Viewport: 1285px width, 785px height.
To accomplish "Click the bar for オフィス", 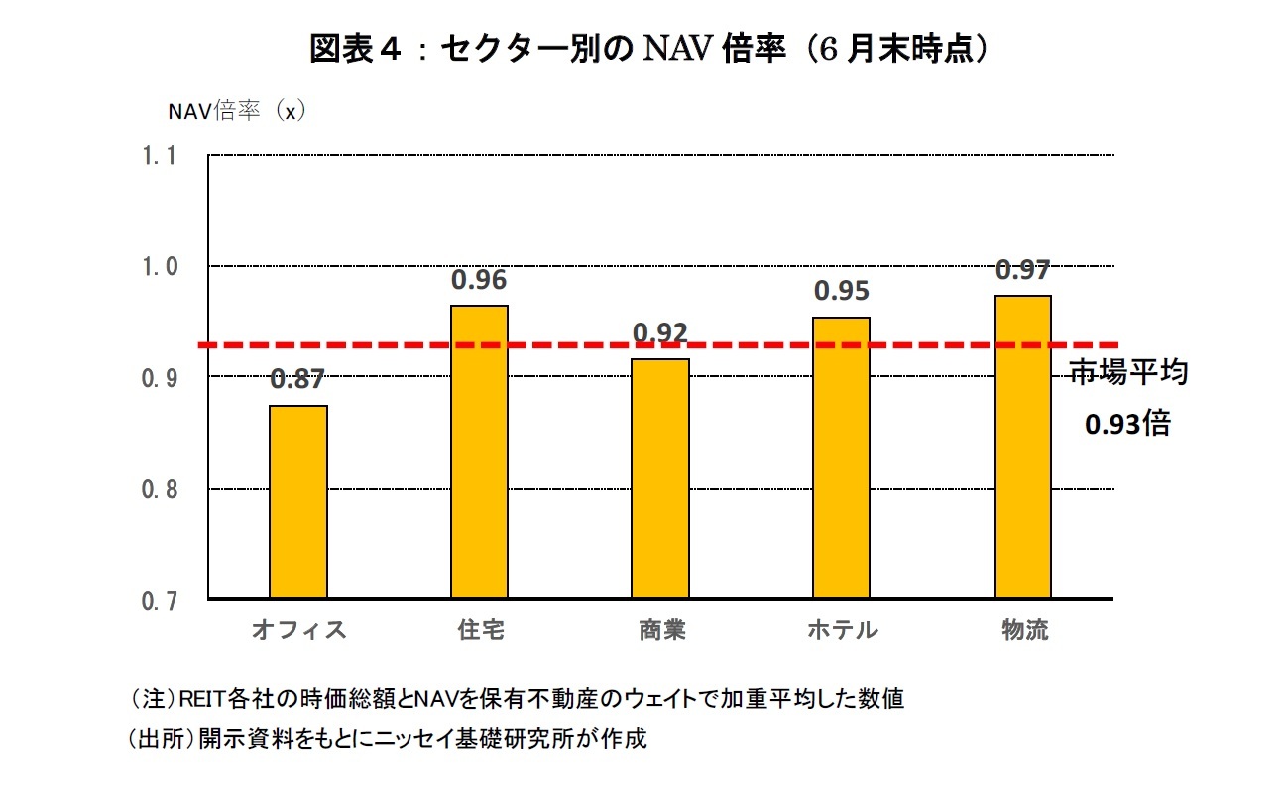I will (298, 502).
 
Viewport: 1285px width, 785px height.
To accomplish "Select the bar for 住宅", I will (480, 453).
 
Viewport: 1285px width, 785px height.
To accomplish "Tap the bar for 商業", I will (661, 478).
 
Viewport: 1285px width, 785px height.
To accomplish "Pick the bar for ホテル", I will (842, 458).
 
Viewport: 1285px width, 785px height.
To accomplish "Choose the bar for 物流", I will (1023, 448).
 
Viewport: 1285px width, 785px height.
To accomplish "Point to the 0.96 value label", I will (479, 281).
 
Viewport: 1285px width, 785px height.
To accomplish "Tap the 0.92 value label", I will (660, 333).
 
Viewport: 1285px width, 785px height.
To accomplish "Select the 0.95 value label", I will (842, 291).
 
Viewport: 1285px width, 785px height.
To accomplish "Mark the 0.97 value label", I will (1023, 270).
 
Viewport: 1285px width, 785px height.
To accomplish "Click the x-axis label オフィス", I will (298, 631).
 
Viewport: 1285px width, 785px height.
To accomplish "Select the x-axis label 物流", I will (1024, 631).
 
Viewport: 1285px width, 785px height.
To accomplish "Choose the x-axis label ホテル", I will (842, 631).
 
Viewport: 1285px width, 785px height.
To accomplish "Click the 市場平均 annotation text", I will (1128, 373).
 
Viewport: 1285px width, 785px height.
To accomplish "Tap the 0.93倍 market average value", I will (1127, 425).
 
